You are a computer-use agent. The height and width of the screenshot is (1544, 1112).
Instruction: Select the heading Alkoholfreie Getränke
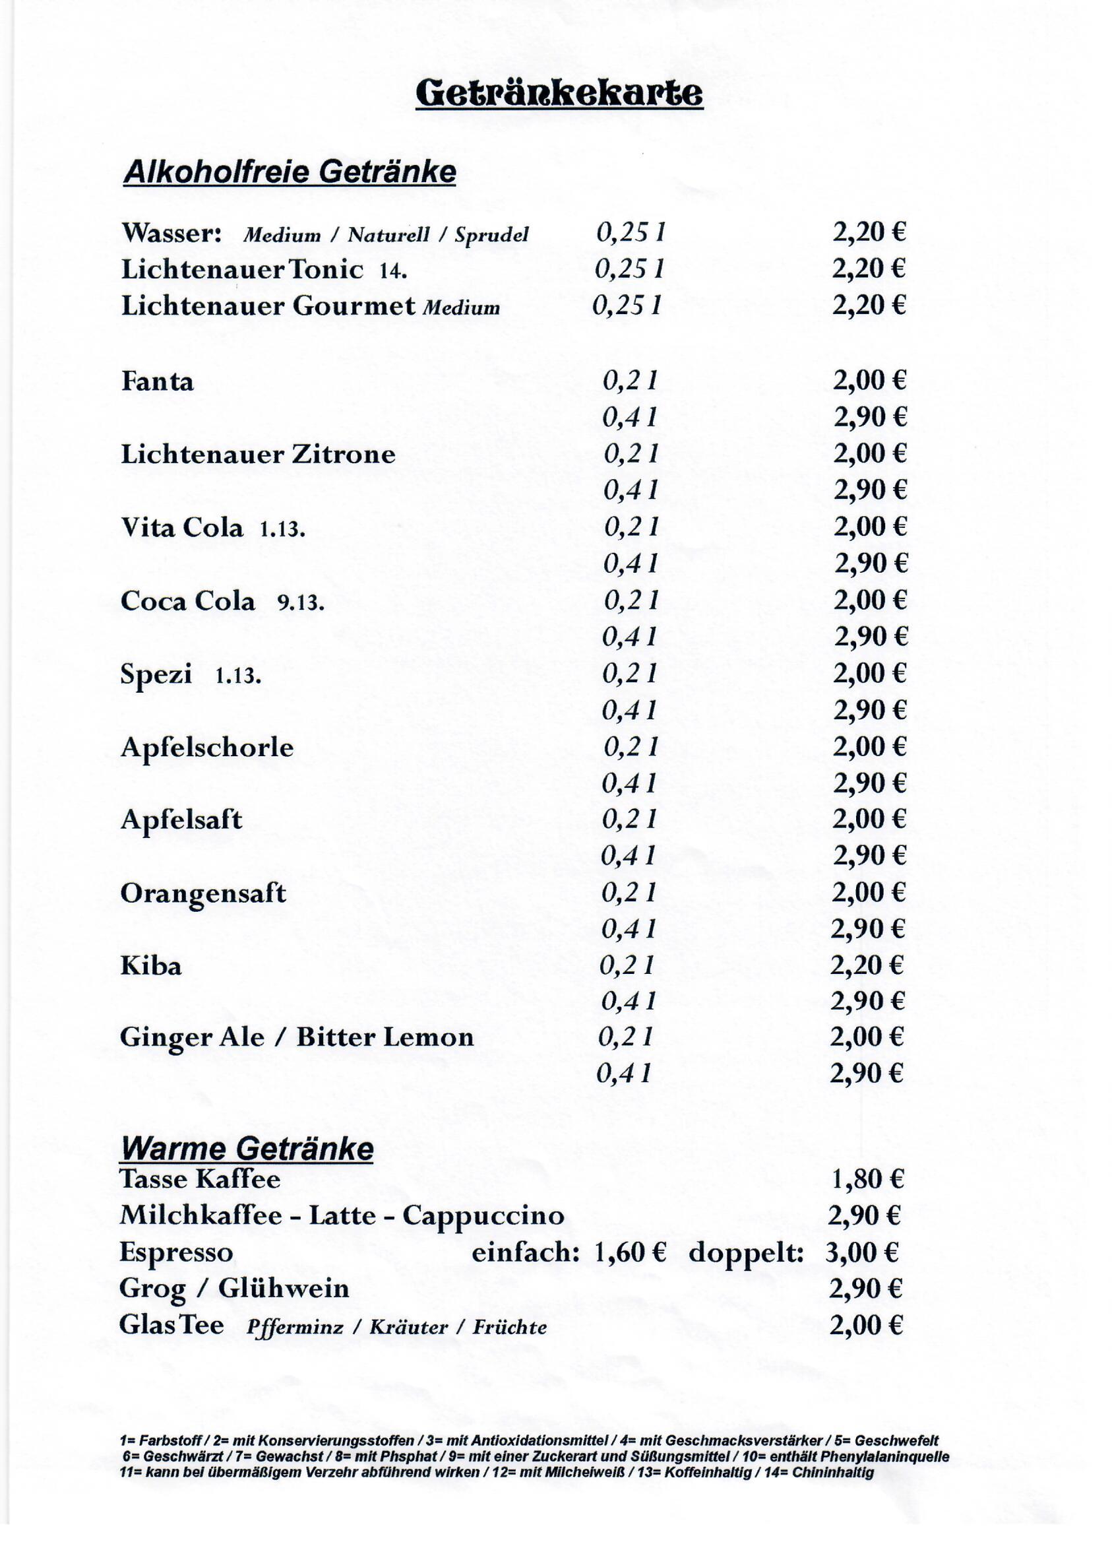pyautogui.click(x=290, y=173)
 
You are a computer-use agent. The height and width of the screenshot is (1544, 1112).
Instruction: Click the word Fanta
pyautogui.click(x=157, y=381)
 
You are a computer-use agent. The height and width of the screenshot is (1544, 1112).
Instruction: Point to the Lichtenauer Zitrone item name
pyautogui.click(x=258, y=454)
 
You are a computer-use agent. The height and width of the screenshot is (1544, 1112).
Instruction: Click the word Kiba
pyautogui.click(x=151, y=966)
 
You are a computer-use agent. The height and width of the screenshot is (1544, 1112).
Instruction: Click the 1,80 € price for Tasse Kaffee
pyautogui.click(x=867, y=1178)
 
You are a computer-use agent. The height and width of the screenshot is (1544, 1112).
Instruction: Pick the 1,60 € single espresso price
pyautogui.click(x=629, y=1251)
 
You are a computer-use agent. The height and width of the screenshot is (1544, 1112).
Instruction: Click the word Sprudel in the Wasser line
pyautogui.click(x=491, y=236)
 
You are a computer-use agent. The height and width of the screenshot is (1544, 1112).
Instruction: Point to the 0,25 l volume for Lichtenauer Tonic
pyautogui.click(x=629, y=270)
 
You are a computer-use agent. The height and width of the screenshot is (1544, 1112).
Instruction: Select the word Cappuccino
pyautogui.click(x=483, y=1215)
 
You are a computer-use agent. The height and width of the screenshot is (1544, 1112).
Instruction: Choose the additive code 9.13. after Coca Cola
pyautogui.click(x=300, y=602)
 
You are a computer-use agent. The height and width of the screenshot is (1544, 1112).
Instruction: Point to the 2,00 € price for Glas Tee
pyautogui.click(x=865, y=1325)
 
